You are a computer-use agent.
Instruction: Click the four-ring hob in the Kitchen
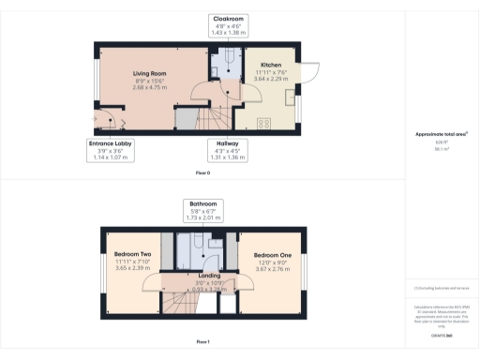[264, 122]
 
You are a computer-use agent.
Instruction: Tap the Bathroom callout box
[203, 211]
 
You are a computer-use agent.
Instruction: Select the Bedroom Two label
[133, 254]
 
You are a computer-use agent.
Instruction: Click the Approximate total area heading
[442, 134]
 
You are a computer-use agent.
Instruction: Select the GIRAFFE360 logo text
[442, 335]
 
